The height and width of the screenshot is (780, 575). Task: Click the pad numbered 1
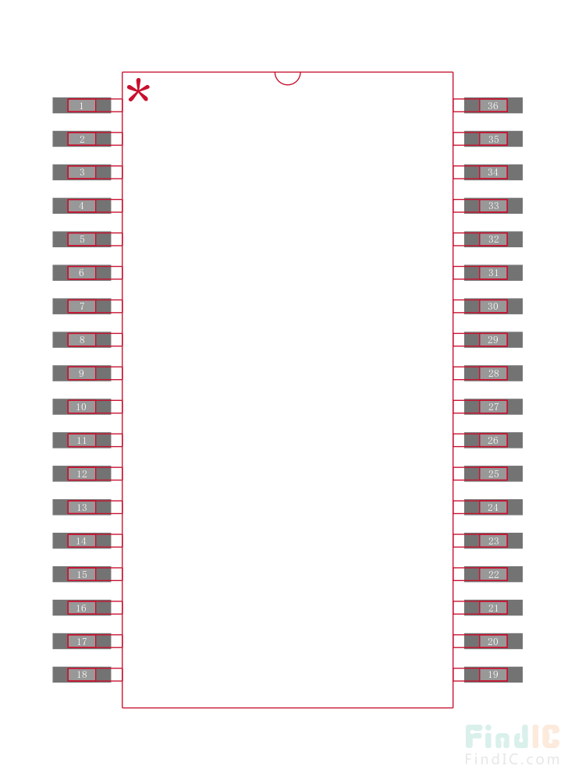tap(82, 105)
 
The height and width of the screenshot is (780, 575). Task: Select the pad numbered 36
tap(493, 105)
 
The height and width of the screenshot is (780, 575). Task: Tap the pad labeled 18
tap(82, 675)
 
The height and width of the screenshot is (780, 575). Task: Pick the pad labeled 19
tap(493, 675)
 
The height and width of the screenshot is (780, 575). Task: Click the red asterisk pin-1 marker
tap(138, 90)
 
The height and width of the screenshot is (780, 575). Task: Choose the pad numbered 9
tap(82, 373)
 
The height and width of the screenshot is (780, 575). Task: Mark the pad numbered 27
tap(493, 406)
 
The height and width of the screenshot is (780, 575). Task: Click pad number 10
tap(82, 406)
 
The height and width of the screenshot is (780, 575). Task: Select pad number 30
tap(493, 306)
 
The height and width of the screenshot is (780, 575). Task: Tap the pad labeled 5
tap(82, 239)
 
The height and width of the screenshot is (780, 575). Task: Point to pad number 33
tap(493, 205)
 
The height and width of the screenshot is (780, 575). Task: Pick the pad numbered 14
tap(82, 541)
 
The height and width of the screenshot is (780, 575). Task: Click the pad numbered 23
tap(493, 541)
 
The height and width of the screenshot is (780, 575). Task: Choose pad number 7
tap(82, 306)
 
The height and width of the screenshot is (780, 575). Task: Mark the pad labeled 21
tap(493, 608)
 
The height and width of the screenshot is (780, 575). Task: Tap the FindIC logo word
tap(513, 737)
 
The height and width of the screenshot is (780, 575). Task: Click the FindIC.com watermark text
tap(513, 760)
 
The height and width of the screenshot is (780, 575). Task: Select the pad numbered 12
tap(82, 473)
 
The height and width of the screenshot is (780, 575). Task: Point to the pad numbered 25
tap(493, 473)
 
